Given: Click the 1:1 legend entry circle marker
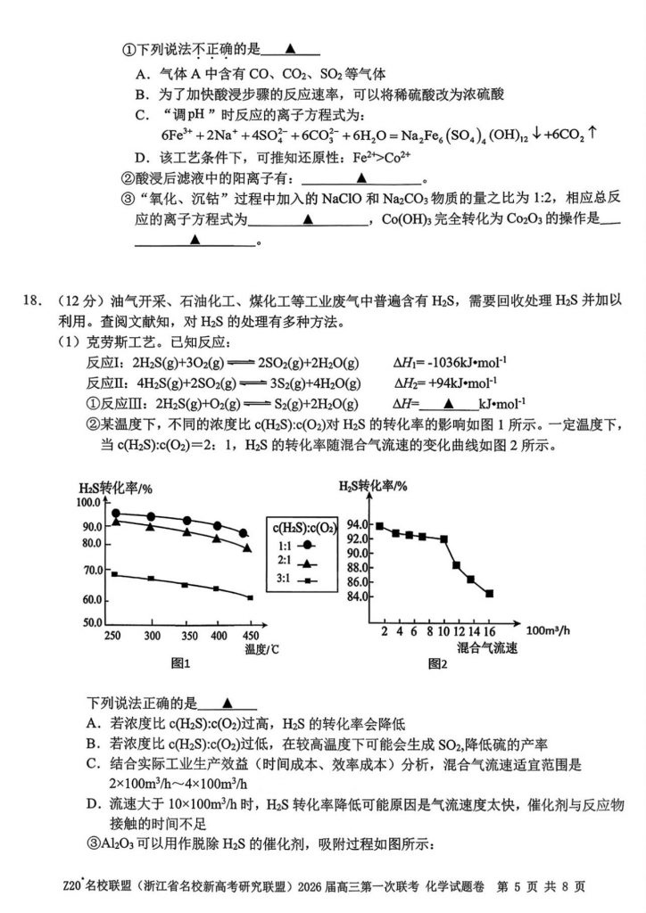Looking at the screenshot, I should (x=307, y=545).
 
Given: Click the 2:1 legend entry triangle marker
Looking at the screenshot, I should (x=307, y=563).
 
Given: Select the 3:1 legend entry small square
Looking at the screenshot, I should (x=307, y=580).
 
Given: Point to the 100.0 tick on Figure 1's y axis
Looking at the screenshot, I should (x=91, y=503).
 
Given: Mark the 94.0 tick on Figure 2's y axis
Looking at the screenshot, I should (x=358, y=523).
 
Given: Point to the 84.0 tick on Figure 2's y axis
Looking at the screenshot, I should (x=358, y=596).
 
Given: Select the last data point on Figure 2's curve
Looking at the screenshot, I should (x=489, y=593).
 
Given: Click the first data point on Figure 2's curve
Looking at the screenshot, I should (x=380, y=526).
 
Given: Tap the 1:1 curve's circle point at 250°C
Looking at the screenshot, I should (x=115, y=513).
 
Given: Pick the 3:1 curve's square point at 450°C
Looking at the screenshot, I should (x=250, y=597).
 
